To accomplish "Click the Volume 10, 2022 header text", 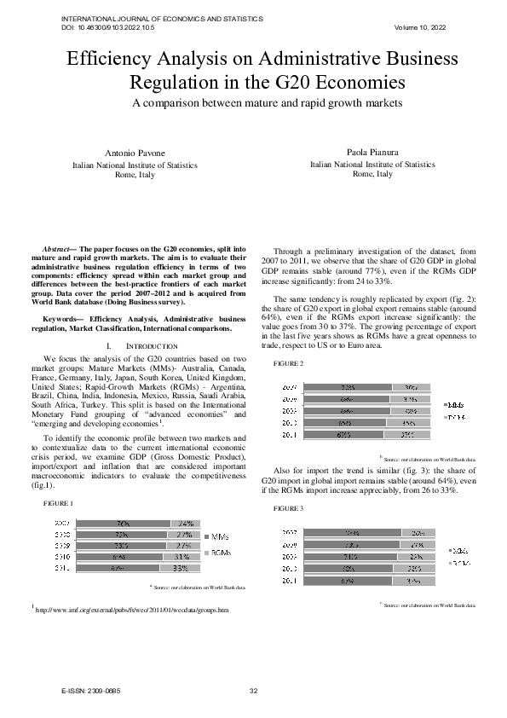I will point(420,28).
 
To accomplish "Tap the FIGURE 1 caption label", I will point(59,503).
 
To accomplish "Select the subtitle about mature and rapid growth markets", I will point(253,103).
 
